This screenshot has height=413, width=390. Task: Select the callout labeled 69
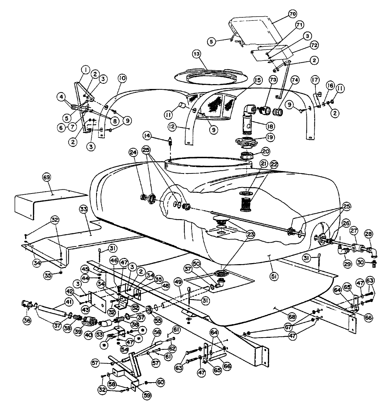(47, 177)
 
